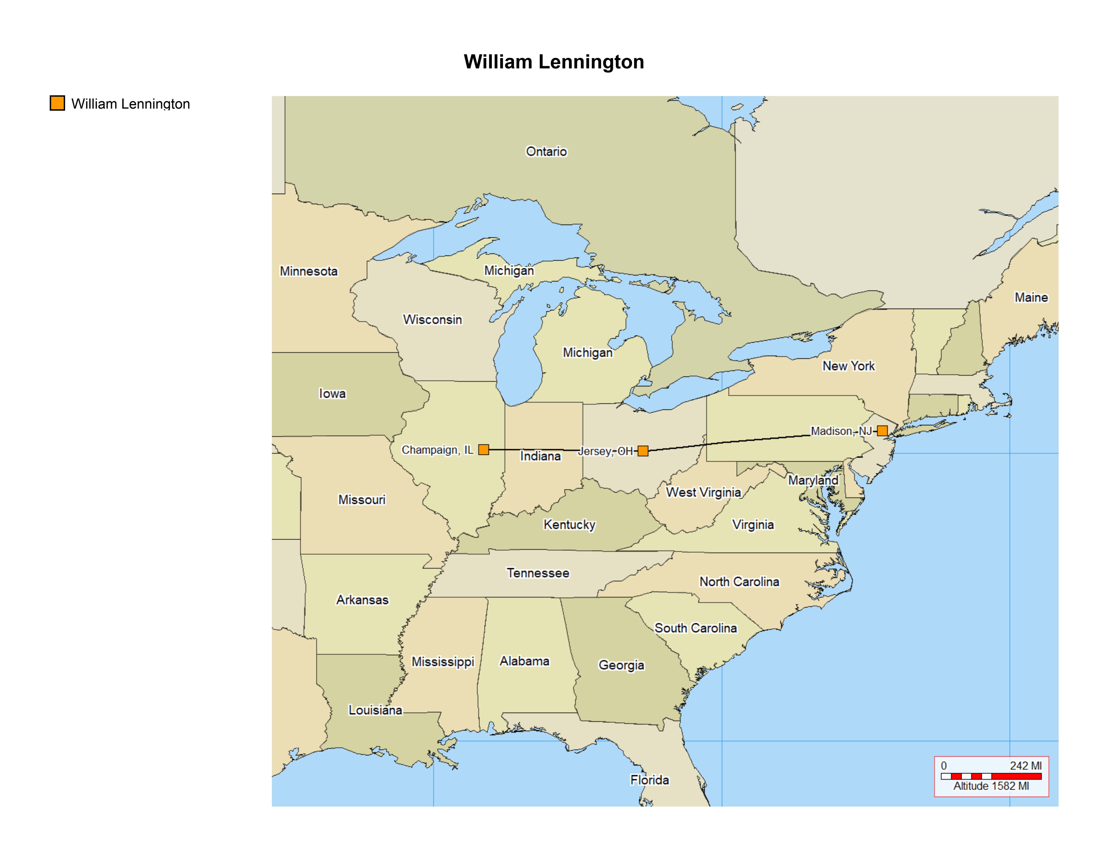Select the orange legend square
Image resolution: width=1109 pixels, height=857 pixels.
57,103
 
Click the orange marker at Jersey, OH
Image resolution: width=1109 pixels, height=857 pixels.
643,451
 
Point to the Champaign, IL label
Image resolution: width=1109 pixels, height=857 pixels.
437,450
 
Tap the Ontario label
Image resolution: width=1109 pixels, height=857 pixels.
546,151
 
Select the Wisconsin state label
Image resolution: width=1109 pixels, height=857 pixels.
433,319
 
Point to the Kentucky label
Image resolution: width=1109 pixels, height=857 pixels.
569,524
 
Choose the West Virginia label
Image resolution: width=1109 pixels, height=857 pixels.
703,492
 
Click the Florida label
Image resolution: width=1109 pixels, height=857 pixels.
649,780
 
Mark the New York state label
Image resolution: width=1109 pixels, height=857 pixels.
848,366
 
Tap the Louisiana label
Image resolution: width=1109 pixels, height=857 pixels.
375,710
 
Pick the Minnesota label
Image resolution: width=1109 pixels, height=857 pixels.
309,271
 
